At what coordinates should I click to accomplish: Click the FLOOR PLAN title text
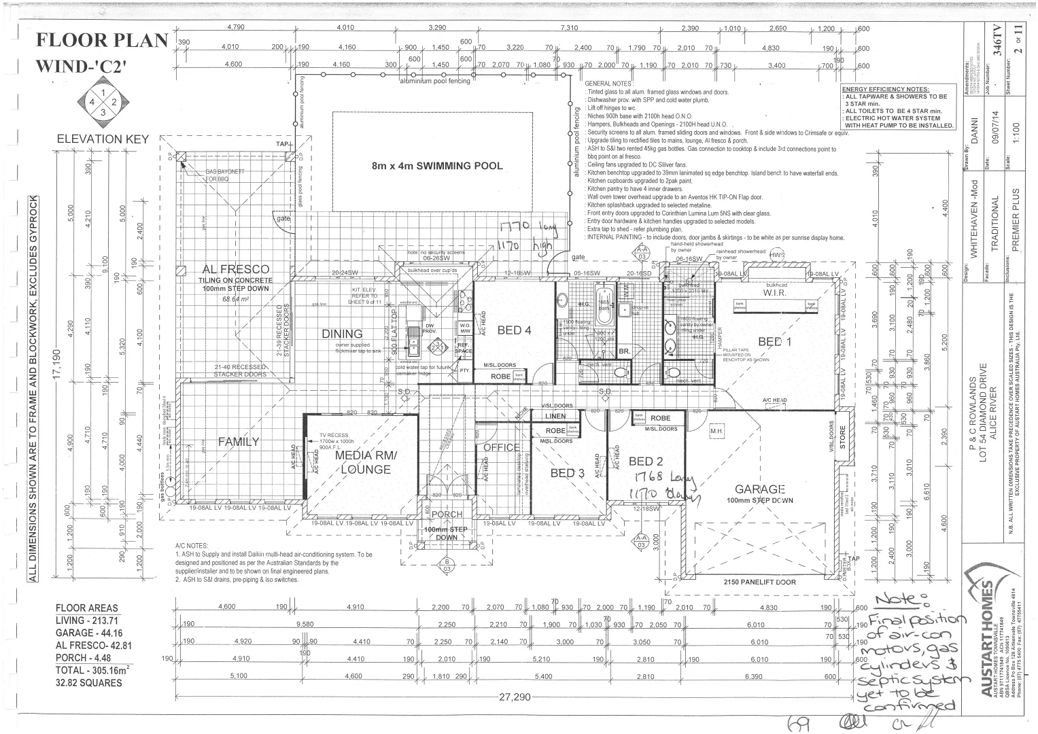pyautogui.click(x=101, y=41)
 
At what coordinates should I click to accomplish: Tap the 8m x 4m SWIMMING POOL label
pyautogui.click(x=437, y=166)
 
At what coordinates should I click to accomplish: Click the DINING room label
pyautogui.click(x=342, y=334)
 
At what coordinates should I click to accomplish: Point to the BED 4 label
pyautogui.click(x=514, y=331)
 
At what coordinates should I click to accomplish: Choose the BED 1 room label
pyautogui.click(x=775, y=342)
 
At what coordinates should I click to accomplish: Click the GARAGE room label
pyautogui.click(x=759, y=489)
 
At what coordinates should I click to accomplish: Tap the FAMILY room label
pyautogui.click(x=239, y=442)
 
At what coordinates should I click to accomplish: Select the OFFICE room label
pyautogui.click(x=501, y=448)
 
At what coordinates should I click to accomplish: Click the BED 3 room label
pyautogui.click(x=567, y=473)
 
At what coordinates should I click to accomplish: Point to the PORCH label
pyautogui.click(x=447, y=514)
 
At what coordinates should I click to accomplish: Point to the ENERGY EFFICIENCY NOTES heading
pyautogui.click(x=885, y=89)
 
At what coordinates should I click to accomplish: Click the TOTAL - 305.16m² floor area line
pyautogui.click(x=92, y=670)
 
